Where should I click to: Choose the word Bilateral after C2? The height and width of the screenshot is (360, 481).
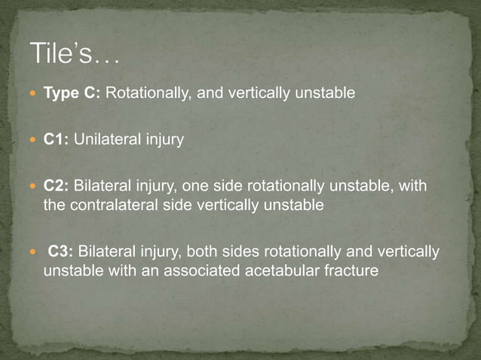point(101,186)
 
